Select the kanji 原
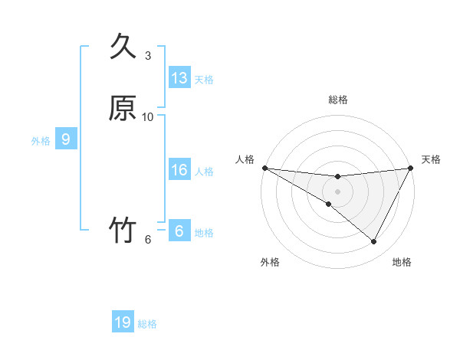click(x=123, y=108)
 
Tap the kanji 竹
click(x=123, y=230)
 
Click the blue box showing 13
click(x=179, y=78)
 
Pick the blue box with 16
click(x=179, y=170)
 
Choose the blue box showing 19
click(x=123, y=322)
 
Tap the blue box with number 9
click(x=66, y=139)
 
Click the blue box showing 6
click(x=179, y=231)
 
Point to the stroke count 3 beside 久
click(x=148, y=56)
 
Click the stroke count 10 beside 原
click(x=148, y=116)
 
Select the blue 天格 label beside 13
click(x=204, y=80)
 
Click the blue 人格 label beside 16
click(x=204, y=172)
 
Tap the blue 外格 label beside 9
click(x=41, y=141)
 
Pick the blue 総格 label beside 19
click(x=147, y=324)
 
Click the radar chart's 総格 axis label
click(x=337, y=100)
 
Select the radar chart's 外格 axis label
click(x=270, y=263)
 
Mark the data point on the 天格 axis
click(x=410, y=168)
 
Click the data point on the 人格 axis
click(x=264, y=168)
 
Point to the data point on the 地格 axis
click(x=373, y=241)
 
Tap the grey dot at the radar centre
click(x=337, y=191)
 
